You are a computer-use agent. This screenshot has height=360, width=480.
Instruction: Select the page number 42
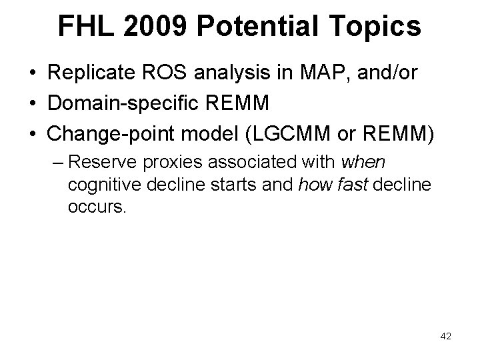pyautogui.click(x=445, y=337)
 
